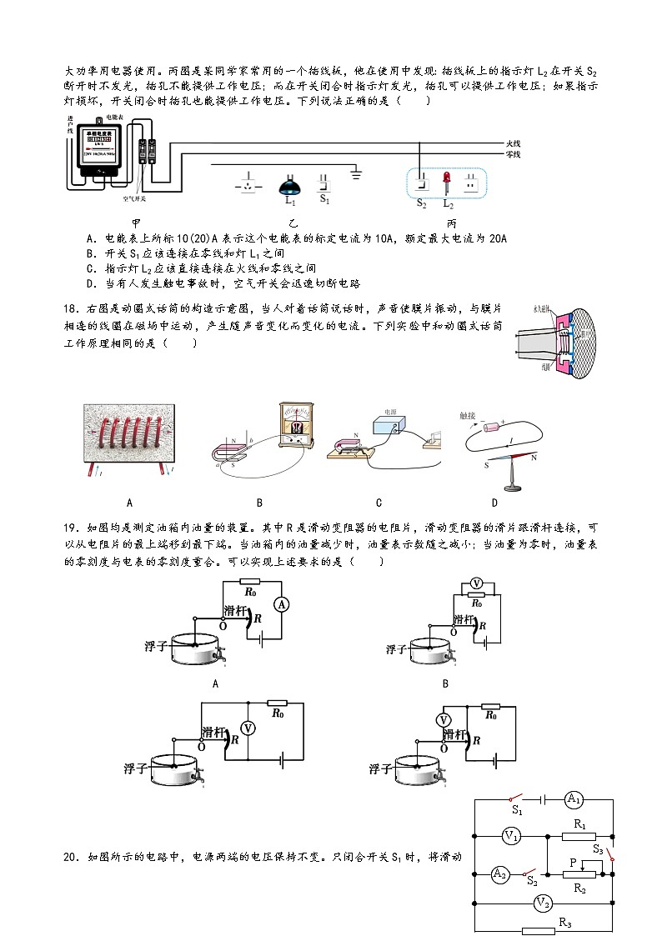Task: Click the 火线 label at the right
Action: (513, 143)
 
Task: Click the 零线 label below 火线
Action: (513, 154)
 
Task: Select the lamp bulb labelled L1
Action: (289, 184)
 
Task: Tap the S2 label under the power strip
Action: (421, 203)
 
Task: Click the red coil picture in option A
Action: (129, 441)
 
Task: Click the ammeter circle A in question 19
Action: (282, 604)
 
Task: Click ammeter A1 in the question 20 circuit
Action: (573, 799)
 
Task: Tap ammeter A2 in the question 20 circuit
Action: (499, 873)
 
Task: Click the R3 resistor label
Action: (564, 922)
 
